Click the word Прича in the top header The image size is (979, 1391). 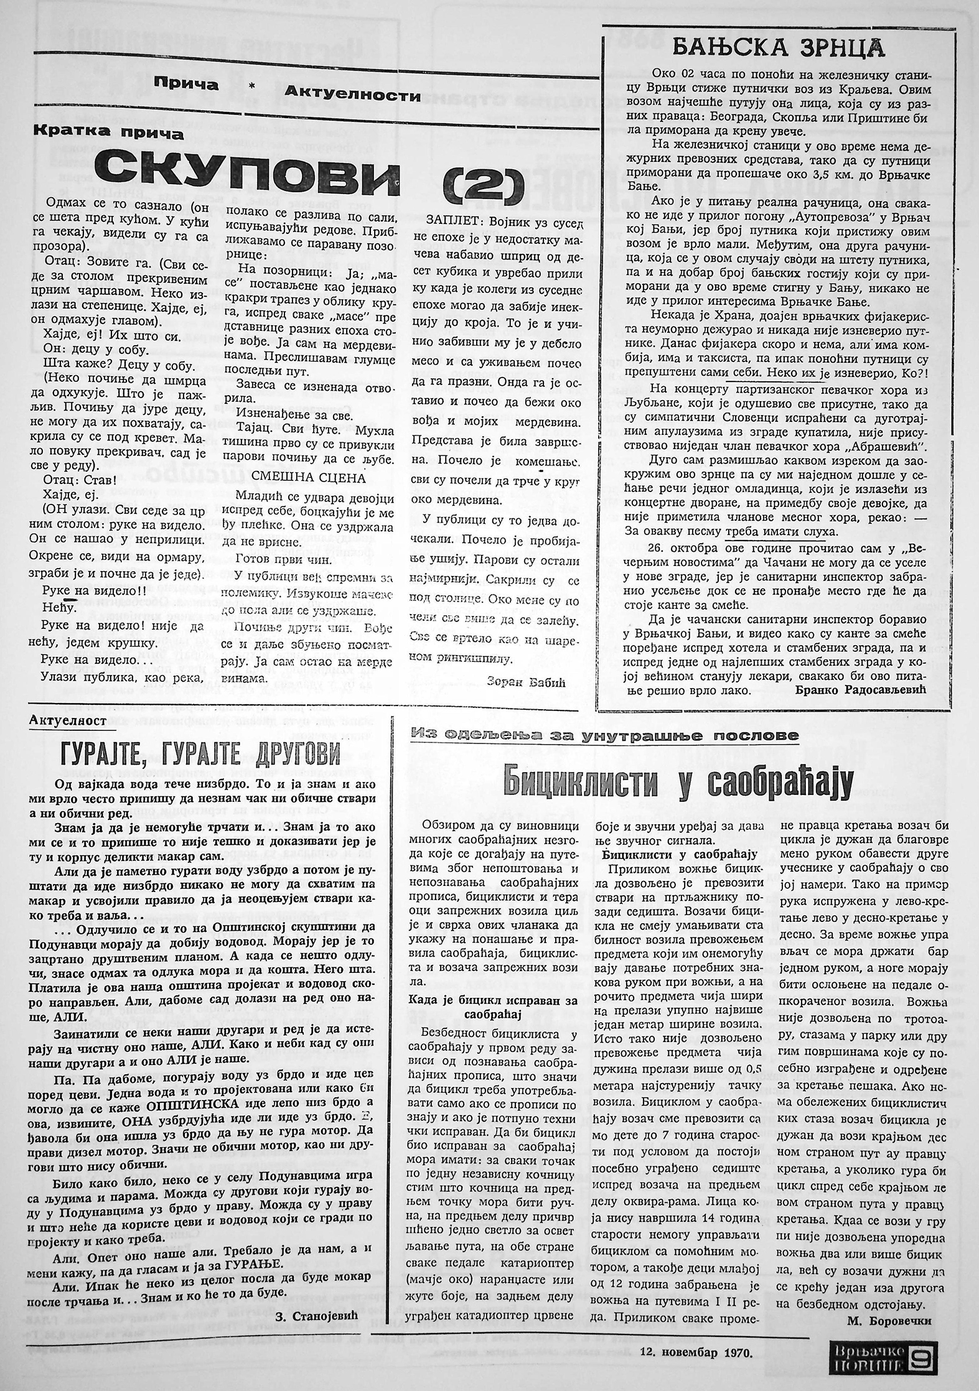(x=186, y=85)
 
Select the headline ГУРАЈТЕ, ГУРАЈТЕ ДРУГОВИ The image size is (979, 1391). (x=200, y=755)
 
